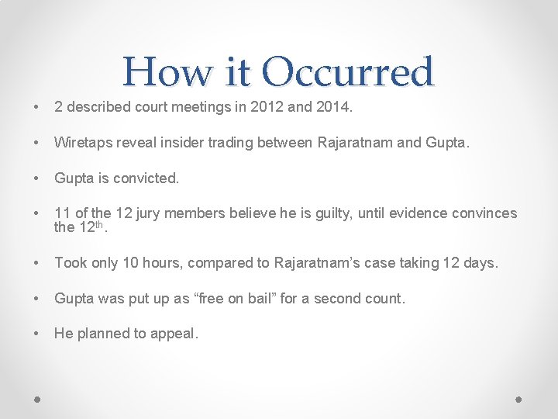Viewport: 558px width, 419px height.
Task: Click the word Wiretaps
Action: click(81, 144)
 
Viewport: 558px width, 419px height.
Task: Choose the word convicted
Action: click(146, 178)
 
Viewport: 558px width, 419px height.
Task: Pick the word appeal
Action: click(175, 334)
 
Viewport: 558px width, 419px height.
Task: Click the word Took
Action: click(71, 263)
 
